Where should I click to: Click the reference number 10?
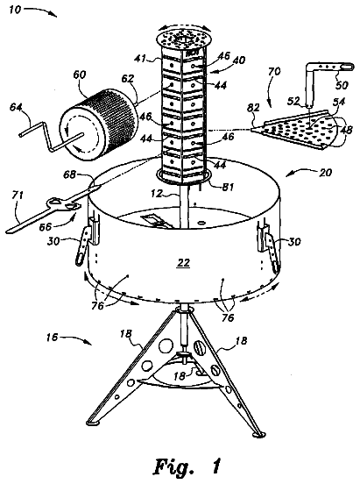pyautogui.click(x=15, y=10)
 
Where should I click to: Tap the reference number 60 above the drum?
pyautogui.click(x=80, y=75)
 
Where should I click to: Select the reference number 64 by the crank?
pyautogui.click(x=17, y=107)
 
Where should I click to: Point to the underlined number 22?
pyautogui.click(x=184, y=263)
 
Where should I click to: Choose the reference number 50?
pyautogui.click(x=342, y=84)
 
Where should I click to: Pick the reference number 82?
pyautogui.click(x=254, y=108)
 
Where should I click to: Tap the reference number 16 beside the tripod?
pyautogui.click(x=52, y=338)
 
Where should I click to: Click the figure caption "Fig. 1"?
pyautogui.click(x=187, y=466)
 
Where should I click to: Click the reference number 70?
pyautogui.click(x=274, y=71)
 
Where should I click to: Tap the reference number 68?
pyautogui.click(x=69, y=174)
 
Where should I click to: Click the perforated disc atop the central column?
pyautogui.click(x=185, y=39)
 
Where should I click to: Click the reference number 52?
pyautogui.click(x=293, y=101)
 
